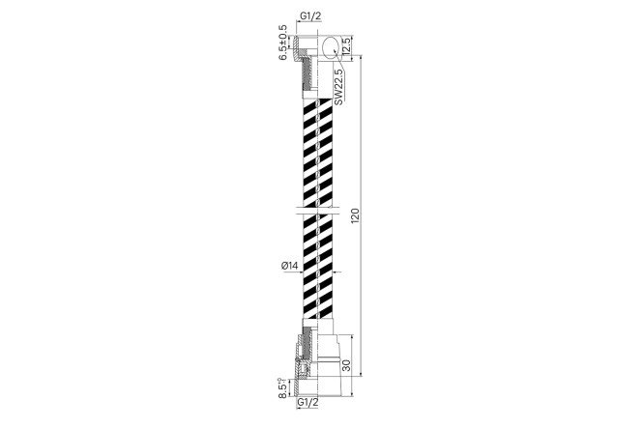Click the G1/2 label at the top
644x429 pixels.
[310, 16]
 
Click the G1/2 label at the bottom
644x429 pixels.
[307, 402]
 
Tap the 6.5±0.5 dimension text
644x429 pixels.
[282, 43]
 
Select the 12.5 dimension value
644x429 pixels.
[346, 46]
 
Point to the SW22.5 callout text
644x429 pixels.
[338, 87]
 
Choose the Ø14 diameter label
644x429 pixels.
[289, 266]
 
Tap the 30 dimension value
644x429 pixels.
[346, 365]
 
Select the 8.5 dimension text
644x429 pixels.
[282, 388]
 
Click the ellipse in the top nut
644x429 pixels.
[322, 46]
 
